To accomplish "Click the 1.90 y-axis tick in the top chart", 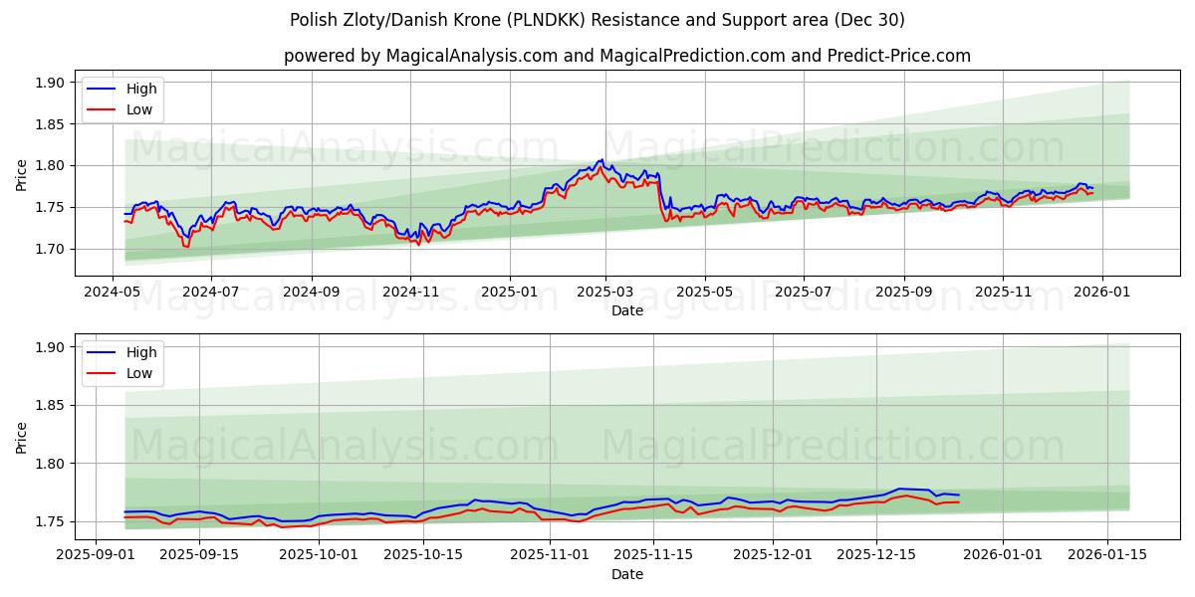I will click(x=49, y=83).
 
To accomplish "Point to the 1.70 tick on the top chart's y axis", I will click(x=49, y=249).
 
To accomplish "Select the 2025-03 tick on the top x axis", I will click(x=606, y=293).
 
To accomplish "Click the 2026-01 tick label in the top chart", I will click(x=1100, y=293).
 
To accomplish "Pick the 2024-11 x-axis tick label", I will click(x=410, y=293).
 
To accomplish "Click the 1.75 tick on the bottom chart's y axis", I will click(x=49, y=521).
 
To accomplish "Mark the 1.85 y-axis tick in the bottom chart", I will click(x=49, y=405).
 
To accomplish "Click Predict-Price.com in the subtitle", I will click(x=898, y=56).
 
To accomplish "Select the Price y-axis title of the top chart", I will click(x=22, y=174).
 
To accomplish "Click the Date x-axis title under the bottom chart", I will click(x=627, y=574).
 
